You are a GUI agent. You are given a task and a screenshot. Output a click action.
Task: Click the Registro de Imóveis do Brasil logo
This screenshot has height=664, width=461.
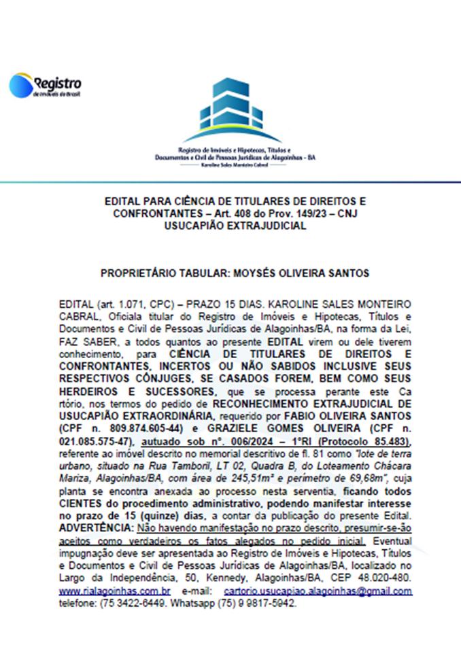point(46,86)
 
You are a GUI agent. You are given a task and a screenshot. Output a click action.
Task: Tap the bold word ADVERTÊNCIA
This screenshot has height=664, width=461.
point(96,526)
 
